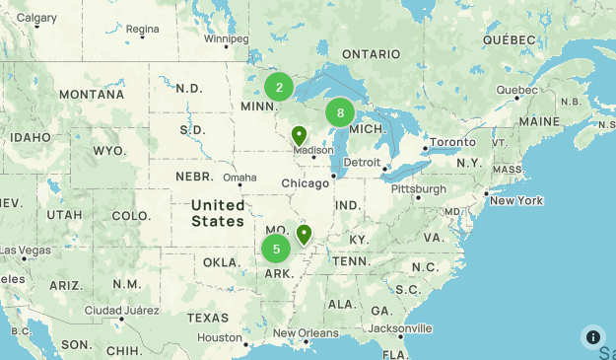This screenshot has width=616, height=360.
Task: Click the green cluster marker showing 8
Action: (340, 112)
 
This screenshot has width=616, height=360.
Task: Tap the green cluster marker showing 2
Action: (279, 87)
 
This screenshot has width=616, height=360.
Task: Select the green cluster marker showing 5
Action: (276, 249)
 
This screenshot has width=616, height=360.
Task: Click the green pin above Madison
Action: (299, 135)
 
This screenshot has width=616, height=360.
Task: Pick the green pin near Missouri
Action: (304, 235)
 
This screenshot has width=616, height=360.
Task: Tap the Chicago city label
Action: (305, 183)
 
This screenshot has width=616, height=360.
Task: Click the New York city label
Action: (515, 200)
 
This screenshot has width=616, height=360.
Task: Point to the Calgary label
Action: (37, 18)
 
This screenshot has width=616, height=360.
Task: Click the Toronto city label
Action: (452, 142)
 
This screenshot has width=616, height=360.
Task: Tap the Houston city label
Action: (219, 337)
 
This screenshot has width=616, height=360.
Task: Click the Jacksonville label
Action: (400, 327)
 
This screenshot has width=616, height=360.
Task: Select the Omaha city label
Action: (239, 178)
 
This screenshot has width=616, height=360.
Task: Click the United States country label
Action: (218, 212)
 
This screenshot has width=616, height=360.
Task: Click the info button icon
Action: (593, 336)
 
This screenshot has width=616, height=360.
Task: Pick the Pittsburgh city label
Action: (418, 187)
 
